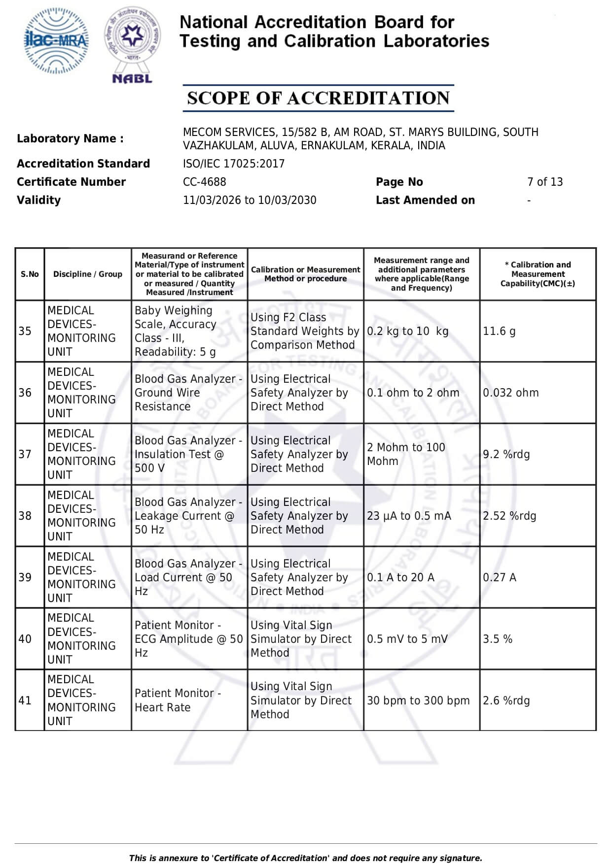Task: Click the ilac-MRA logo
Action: click(57, 41)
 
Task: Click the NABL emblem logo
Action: click(132, 44)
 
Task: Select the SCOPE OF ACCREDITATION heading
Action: click(318, 98)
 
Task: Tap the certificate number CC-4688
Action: click(204, 182)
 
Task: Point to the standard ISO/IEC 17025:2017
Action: click(233, 164)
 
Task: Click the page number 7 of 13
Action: click(544, 182)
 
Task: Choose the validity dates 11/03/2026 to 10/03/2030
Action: click(249, 200)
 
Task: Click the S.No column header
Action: click(30, 274)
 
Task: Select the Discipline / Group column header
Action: click(88, 274)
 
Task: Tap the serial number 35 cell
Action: click(25, 331)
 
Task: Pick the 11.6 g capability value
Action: click(499, 331)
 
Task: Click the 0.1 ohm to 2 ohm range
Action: click(413, 393)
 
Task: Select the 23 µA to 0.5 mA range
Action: click(408, 516)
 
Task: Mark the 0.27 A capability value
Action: click(499, 577)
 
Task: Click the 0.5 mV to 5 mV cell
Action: click(407, 639)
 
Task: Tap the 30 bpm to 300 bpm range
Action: click(418, 700)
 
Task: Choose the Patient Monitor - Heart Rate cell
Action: click(177, 700)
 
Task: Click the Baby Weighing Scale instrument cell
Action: click(175, 331)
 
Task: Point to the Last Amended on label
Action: click(425, 200)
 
